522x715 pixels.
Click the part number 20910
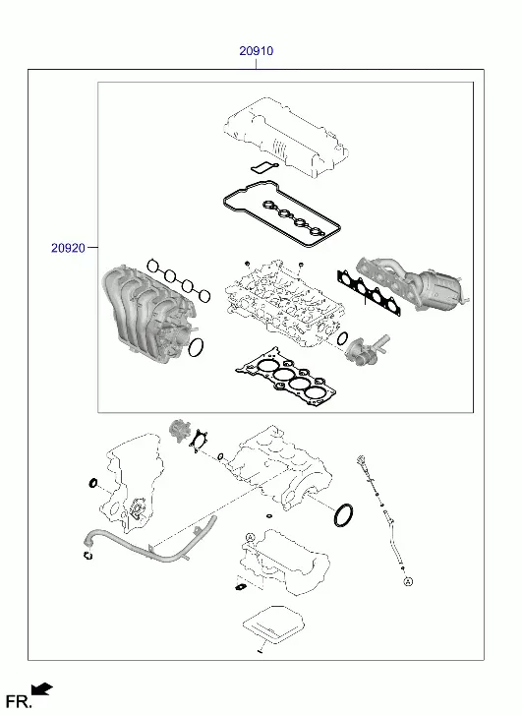257,50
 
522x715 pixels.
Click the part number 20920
68,248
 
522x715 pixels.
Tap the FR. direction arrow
42,688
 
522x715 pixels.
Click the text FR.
19,701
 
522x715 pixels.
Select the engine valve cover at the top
286,136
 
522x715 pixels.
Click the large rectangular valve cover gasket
282,213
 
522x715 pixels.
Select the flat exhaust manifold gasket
370,292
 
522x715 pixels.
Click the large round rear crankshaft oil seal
343,514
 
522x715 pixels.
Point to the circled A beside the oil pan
250,537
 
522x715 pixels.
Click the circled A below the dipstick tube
408,581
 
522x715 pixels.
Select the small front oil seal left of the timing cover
92,483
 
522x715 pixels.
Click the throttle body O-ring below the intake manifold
196,348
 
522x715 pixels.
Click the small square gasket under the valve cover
264,167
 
